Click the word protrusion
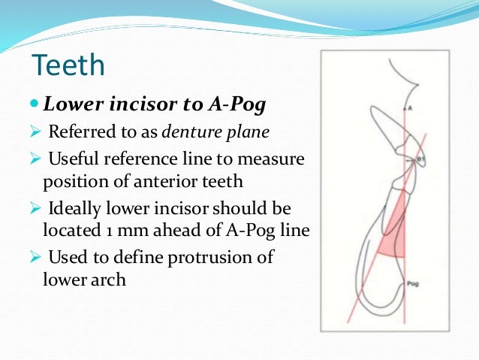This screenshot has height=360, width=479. (215, 257)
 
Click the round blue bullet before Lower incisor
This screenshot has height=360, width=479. (34, 106)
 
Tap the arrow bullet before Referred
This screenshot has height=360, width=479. (35, 134)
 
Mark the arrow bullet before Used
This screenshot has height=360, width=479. (35, 258)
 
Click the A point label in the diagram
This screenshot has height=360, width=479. (411, 108)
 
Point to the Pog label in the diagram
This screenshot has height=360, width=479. (412, 283)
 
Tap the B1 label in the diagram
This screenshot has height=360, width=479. (421, 160)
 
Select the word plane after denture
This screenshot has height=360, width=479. (248, 133)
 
